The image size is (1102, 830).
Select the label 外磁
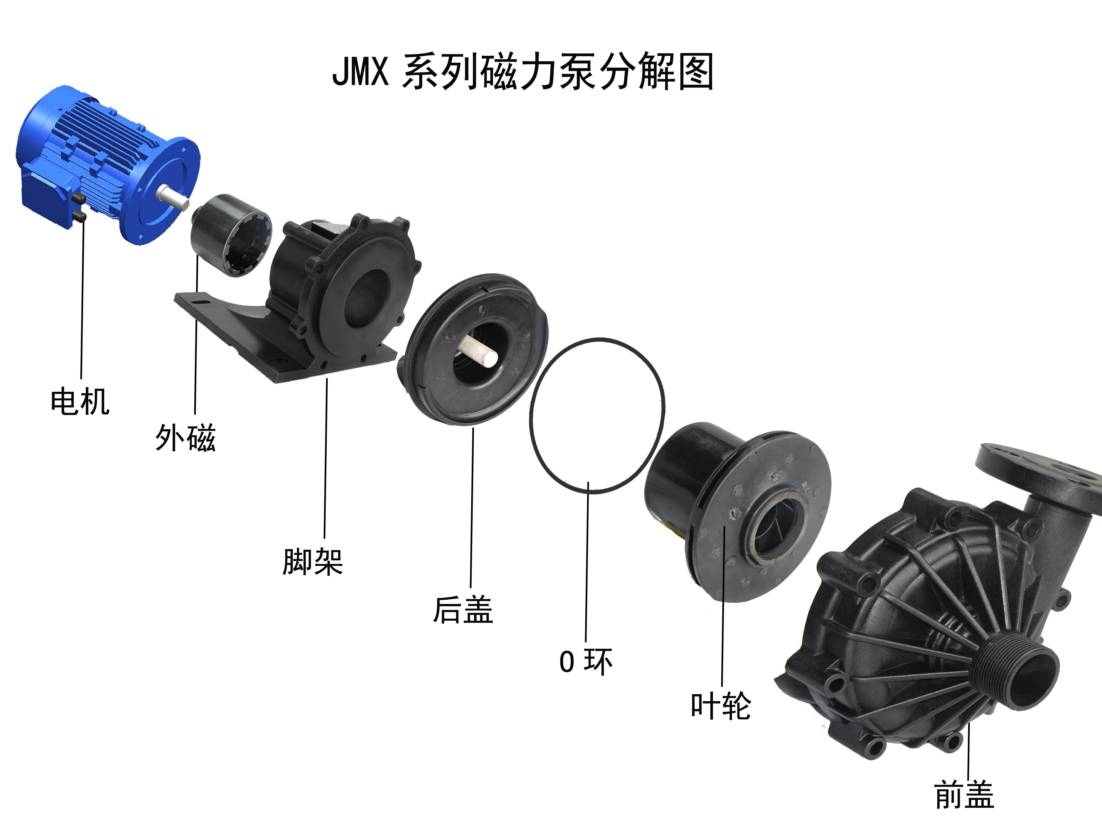(x=185, y=438)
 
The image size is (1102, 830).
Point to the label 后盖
(x=463, y=610)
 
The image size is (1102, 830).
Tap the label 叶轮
(x=721, y=706)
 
